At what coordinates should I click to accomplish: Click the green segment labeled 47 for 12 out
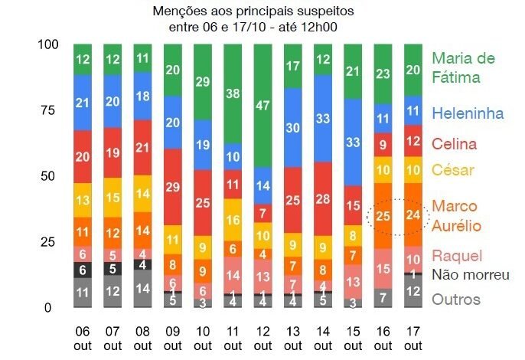263,106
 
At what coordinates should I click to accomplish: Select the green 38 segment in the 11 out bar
233,93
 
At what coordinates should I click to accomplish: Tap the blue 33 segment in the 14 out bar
323,118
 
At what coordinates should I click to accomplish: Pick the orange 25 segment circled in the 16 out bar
383,216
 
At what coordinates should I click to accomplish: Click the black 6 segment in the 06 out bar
83,270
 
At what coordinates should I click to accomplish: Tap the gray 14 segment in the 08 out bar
143,289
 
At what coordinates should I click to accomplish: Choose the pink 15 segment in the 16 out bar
383,268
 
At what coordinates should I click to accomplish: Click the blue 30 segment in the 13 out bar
293,128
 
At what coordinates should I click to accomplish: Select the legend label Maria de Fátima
463,67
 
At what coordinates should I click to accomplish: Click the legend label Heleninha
468,114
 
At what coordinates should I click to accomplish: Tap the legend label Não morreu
471,275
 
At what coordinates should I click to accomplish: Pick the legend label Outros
455,299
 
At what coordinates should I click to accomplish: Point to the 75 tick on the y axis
48,110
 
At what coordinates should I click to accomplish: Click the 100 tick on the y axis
47,44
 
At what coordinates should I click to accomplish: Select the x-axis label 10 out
203,339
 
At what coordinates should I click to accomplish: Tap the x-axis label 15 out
353,339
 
